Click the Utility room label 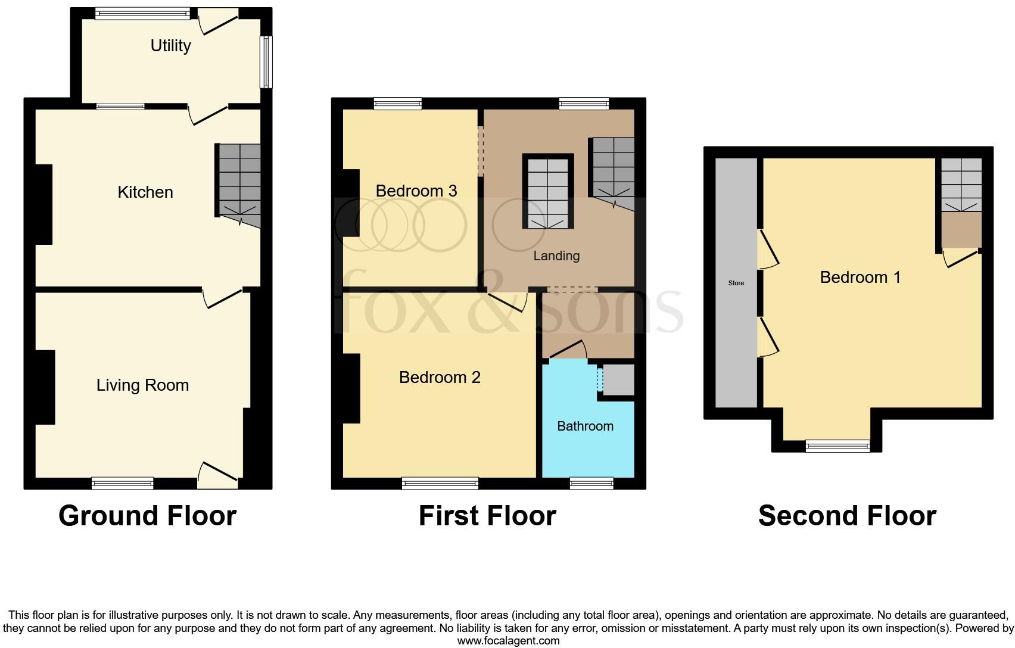coord(170,46)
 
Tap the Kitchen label coord(145,192)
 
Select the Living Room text coord(142,385)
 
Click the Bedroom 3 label coord(416,191)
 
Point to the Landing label coord(556,256)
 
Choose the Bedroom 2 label coord(440,378)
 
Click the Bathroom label coord(585,426)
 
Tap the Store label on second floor coord(736,283)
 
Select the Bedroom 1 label coord(860,277)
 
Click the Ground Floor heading coord(147,516)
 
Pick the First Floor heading coord(487,516)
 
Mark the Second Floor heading coord(846,516)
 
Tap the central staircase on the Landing coord(548,192)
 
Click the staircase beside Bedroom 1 coord(961,184)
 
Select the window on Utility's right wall coord(266,62)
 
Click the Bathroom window coord(591,483)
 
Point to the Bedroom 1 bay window coord(837,445)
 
